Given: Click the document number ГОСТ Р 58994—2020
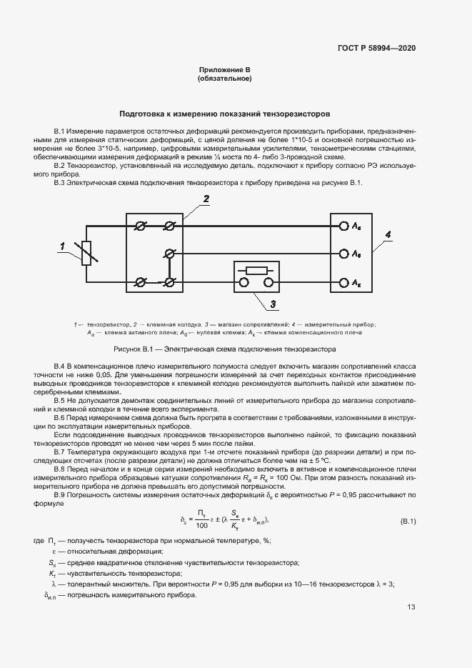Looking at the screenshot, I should pos(376,48).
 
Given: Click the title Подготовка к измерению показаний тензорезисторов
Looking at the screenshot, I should pos(224,114).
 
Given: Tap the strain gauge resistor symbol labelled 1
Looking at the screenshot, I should pos(86,254).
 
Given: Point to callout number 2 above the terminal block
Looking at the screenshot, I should pos(205,199).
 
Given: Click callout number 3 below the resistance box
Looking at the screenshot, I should pos(272,306).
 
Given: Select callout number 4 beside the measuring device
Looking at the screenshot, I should pos(387,234).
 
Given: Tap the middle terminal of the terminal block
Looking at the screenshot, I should pos(169,254).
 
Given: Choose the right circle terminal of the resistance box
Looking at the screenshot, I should pos(268,282).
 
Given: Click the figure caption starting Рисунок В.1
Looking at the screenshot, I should pos(224,349).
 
